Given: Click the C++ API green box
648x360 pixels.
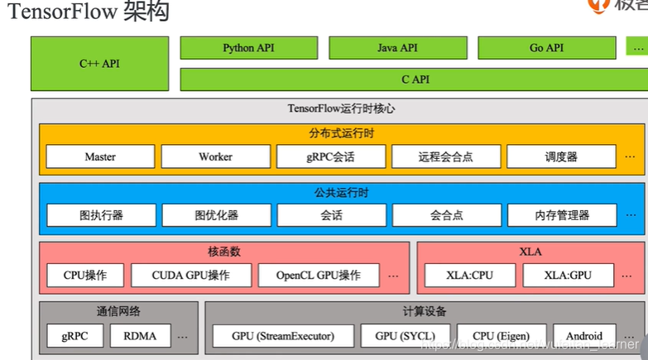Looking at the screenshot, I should point(99,64).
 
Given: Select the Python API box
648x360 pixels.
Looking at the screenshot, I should point(249,48).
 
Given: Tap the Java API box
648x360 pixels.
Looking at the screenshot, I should point(398,48).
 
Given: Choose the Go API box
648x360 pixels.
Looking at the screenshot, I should point(546,48).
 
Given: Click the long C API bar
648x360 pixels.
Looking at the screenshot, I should point(414,79).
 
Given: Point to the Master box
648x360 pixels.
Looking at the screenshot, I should point(100,156).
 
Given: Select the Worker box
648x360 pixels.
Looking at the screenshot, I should point(215,156).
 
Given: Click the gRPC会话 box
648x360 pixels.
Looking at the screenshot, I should point(331,156).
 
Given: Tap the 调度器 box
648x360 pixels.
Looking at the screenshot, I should point(561,156).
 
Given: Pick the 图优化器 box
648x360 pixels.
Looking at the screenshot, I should point(216,215).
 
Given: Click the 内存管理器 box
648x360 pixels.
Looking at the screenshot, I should point(561,215).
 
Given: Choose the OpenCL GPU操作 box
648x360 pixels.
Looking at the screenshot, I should point(319,276).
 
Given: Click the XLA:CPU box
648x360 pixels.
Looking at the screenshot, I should point(469,276).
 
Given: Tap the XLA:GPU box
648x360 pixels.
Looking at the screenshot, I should point(569,276).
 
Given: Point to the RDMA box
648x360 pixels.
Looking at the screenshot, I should point(146,336).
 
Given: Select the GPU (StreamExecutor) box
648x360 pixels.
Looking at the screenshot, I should point(283,336).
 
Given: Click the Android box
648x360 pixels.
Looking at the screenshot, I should point(584,336).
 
